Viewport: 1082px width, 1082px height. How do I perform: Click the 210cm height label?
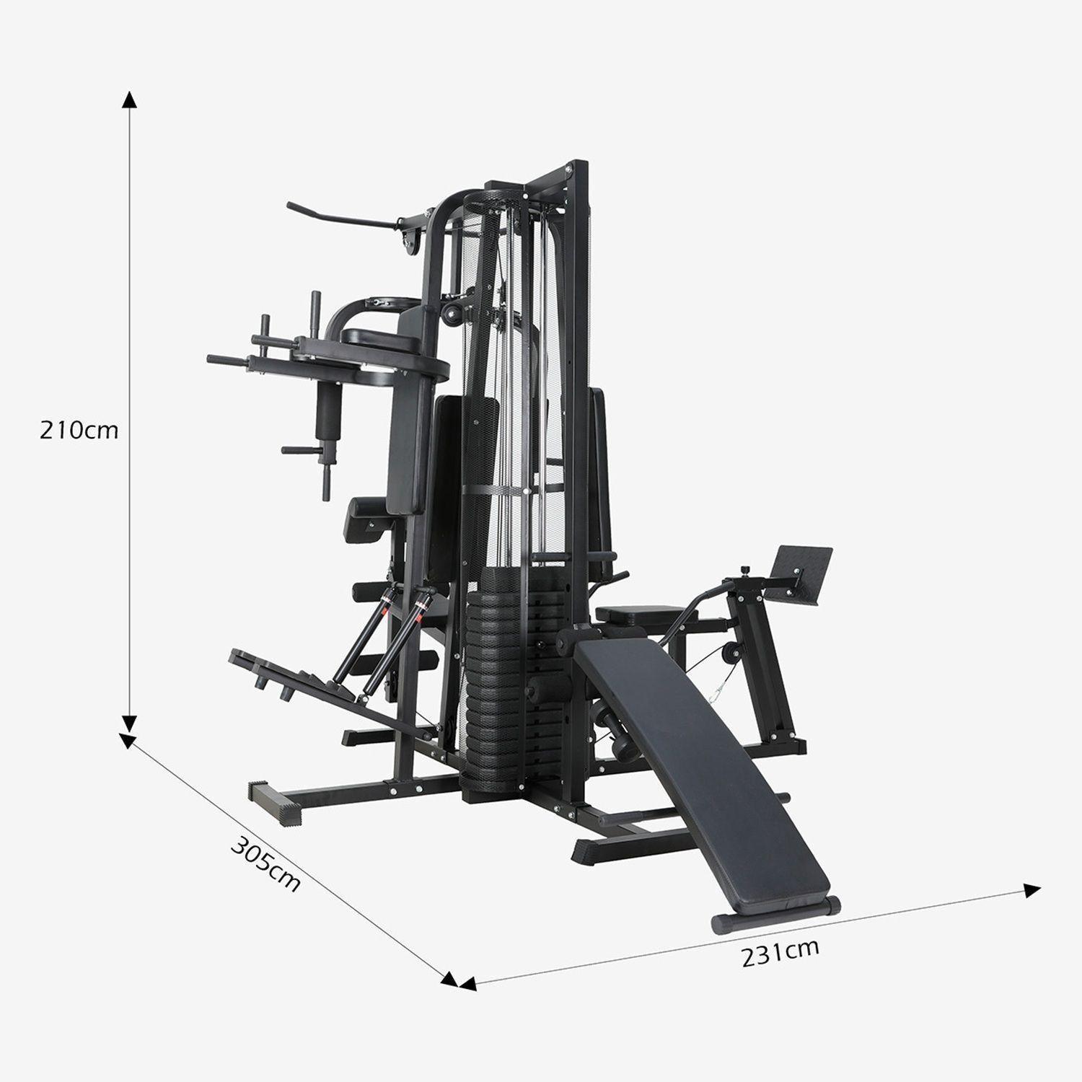(x=79, y=430)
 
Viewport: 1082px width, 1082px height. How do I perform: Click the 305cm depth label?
(x=265, y=863)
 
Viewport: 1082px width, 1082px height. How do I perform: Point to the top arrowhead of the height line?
(x=129, y=100)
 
